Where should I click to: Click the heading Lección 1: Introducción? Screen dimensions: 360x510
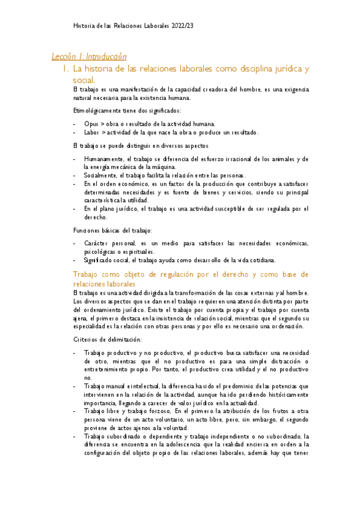point(89,57)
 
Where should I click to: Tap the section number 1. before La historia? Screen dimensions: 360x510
point(66,69)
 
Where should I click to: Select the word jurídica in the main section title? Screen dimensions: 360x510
point(282,69)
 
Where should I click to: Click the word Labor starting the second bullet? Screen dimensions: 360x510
point(92,132)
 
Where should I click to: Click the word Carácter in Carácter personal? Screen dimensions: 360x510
point(97,242)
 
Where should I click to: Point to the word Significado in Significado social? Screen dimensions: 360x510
point(100,260)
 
